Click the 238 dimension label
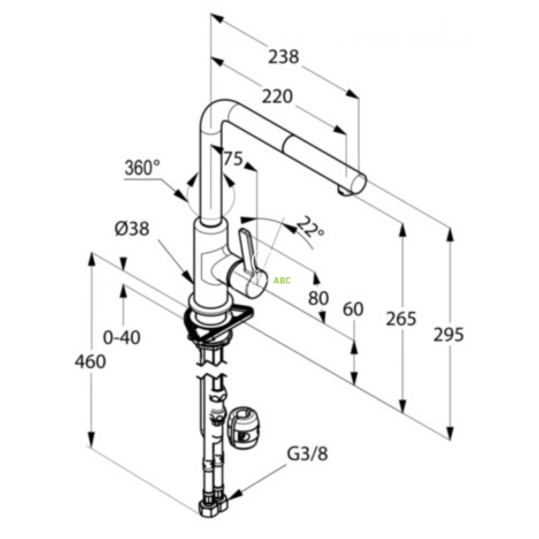(x=283, y=57)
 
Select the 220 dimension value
(x=277, y=97)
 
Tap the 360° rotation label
(x=142, y=168)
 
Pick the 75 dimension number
(x=233, y=159)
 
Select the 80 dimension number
(x=318, y=298)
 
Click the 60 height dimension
(x=353, y=309)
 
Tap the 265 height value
(x=401, y=318)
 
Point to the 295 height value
(x=448, y=335)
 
